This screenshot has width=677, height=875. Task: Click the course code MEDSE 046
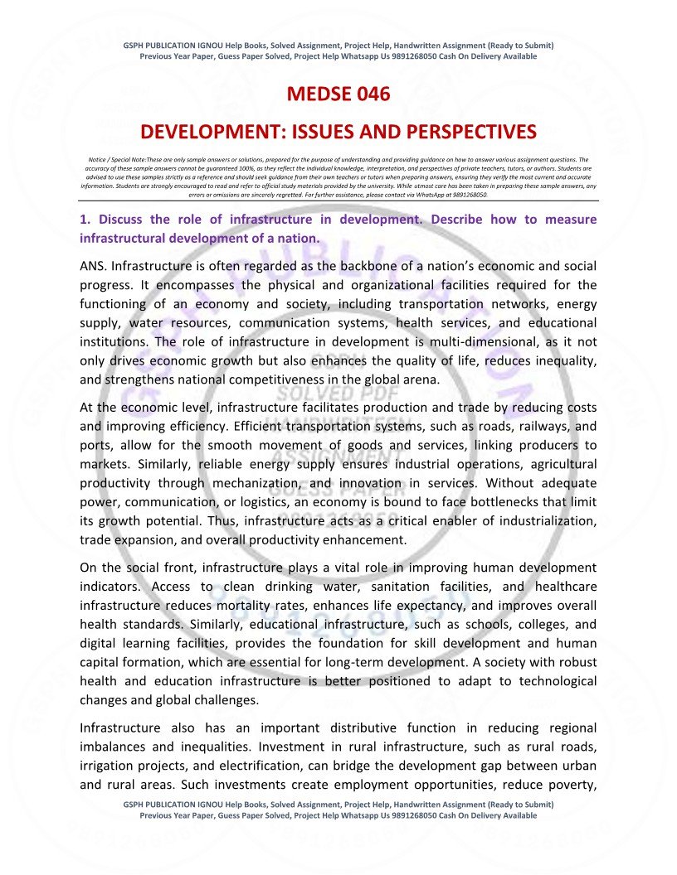pos(338,94)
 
